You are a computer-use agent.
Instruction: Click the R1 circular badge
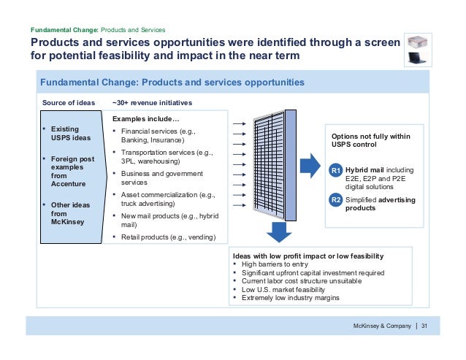click(x=336, y=171)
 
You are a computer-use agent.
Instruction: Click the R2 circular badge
click(x=336, y=199)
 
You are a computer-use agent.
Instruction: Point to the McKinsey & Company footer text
click(x=383, y=325)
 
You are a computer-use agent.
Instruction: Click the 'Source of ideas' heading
click(x=69, y=103)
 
